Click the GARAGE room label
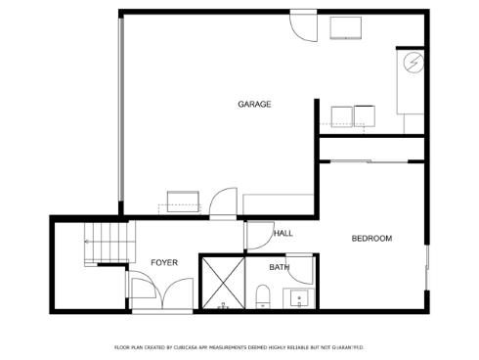[254, 104]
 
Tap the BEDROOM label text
[371, 238]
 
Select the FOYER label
[164, 262]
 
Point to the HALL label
[283, 233]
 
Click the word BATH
[280, 267]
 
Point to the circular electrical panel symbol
[414, 66]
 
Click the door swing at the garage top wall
[303, 25]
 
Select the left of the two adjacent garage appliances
[341, 116]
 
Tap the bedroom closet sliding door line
[371, 159]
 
